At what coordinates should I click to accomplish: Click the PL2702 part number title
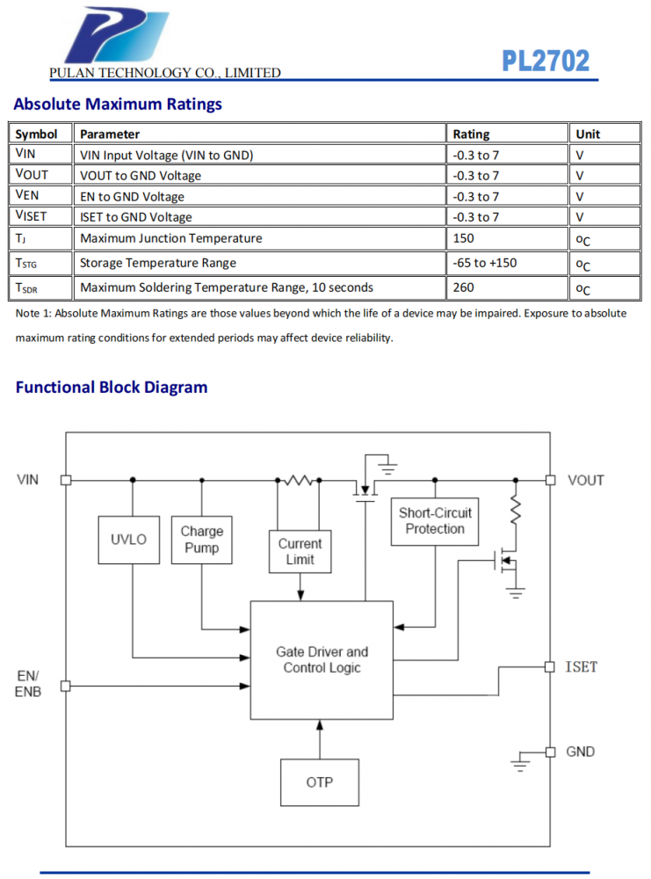pyautogui.click(x=545, y=62)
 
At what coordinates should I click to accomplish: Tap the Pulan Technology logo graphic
pyautogui.click(x=116, y=35)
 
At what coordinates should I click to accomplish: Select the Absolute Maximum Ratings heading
pyautogui.click(x=118, y=105)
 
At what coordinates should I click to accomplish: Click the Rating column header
pyautogui.click(x=471, y=134)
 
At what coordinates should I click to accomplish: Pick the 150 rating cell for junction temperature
pyautogui.click(x=463, y=238)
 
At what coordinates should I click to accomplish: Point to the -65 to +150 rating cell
pyautogui.click(x=485, y=263)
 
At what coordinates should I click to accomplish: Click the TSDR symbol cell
pyautogui.click(x=26, y=288)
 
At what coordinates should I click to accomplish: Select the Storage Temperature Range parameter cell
pyautogui.click(x=158, y=263)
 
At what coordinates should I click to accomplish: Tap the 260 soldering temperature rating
pyautogui.click(x=463, y=287)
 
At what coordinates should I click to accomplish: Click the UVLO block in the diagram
pyautogui.click(x=129, y=540)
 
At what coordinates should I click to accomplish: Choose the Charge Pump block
pyautogui.click(x=202, y=540)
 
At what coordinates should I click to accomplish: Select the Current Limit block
pyautogui.click(x=300, y=552)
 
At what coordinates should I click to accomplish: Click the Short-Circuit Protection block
pyautogui.click(x=435, y=521)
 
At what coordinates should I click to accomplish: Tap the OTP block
pyautogui.click(x=320, y=782)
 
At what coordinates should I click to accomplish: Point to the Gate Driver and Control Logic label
pyautogui.click(x=322, y=660)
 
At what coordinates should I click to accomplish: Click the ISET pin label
pyautogui.click(x=582, y=667)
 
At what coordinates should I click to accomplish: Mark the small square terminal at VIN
pyautogui.click(x=66, y=480)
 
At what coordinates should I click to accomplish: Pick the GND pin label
pyautogui.click(x=581, y=752)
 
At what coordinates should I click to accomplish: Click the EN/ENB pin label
pyautogui.click(x=28, y=684)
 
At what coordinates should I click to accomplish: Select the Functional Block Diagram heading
pyautogui.click(x=112, y=388)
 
